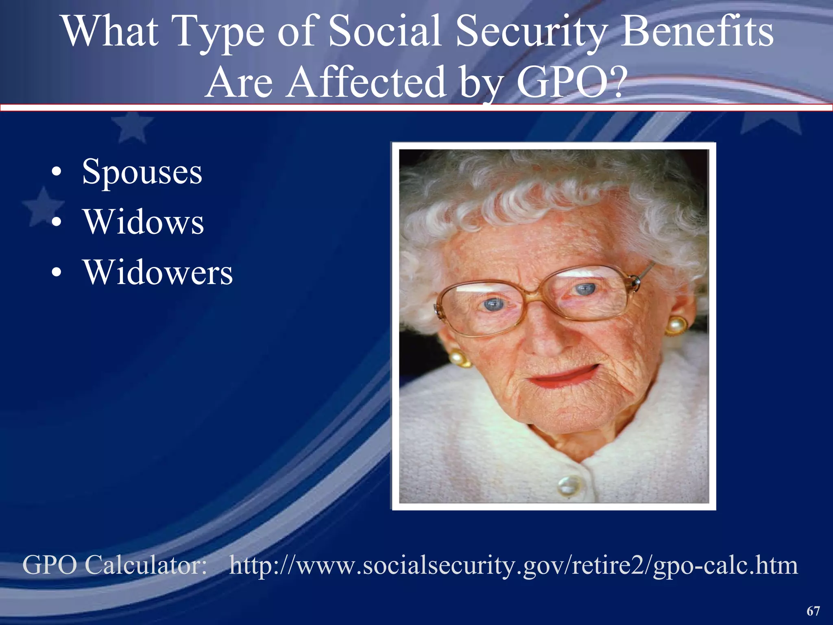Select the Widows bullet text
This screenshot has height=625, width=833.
(144, 222)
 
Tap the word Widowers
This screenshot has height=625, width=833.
(158, 272)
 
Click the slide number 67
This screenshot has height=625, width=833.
(813, 611)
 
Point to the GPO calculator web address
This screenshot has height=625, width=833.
(513, 565)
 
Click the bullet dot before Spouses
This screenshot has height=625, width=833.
(57, 173)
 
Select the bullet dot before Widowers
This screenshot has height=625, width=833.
(57, 272)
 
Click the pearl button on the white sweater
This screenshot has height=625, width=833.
(566, 485)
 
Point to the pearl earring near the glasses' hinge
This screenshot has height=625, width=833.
(675, 326)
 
